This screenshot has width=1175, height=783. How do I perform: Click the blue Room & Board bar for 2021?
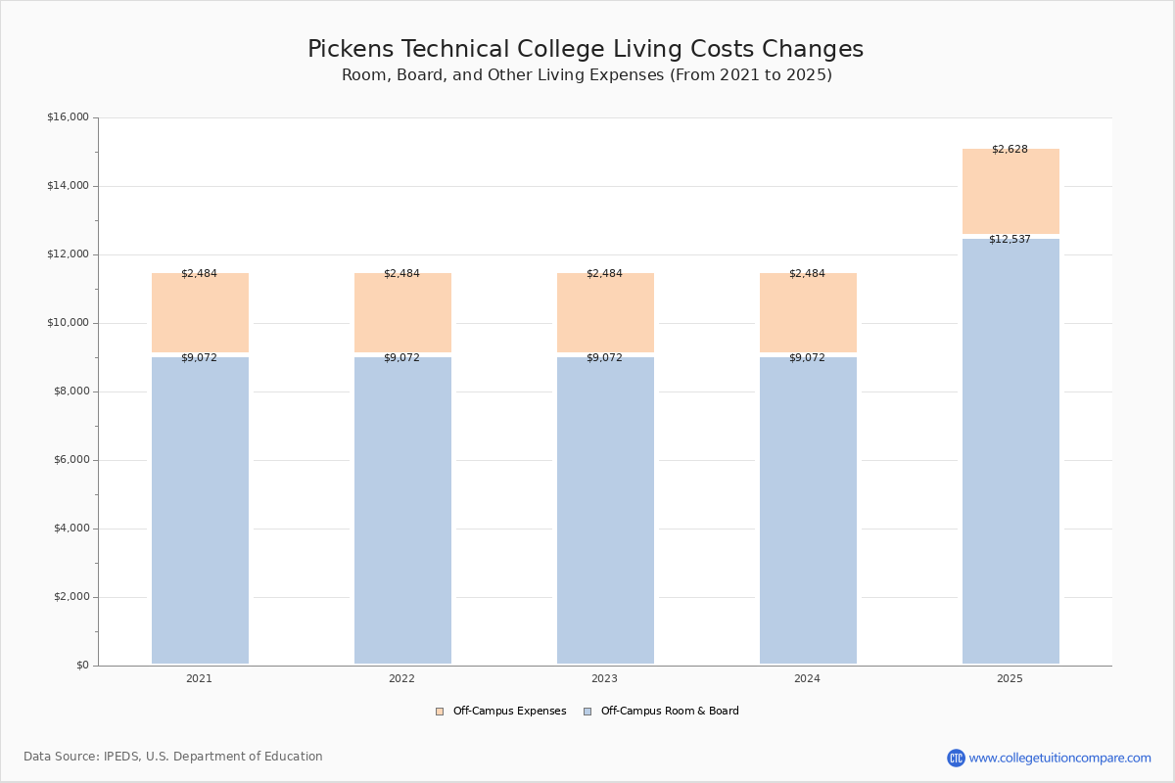click(x=200, y=509)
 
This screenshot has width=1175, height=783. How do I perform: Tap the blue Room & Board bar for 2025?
click(x=1010, y=450)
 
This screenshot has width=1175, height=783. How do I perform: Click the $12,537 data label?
click(x=1010, y=240)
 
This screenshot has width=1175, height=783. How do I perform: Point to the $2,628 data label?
click(x=1010, y=150)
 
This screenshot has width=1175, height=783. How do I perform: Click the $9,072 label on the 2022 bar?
click(x=401, y=358)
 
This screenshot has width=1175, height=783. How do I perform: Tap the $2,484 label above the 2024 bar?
click(x=807, y=274)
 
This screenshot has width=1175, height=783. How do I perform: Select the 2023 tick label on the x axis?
click(x=604, y=679)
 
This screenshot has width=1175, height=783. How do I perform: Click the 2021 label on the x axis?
click(x=199, y=679)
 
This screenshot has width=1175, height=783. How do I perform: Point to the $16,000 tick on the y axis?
click(x=68, y=117)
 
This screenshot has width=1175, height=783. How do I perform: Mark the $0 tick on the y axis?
click(x=81, y=666)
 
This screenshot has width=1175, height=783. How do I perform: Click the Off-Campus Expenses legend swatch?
click(x=440, y=712)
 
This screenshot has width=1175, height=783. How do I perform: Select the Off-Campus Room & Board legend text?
click(x=670, y=712)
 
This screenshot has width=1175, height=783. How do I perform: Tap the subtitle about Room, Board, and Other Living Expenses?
click(x=587, y=75)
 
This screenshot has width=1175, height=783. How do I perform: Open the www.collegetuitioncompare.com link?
click(x=1059, y=759)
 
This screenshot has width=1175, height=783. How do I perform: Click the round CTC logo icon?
click(x=956, y=759)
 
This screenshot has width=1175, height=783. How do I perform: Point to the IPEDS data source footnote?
click(x=173, y=757)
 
